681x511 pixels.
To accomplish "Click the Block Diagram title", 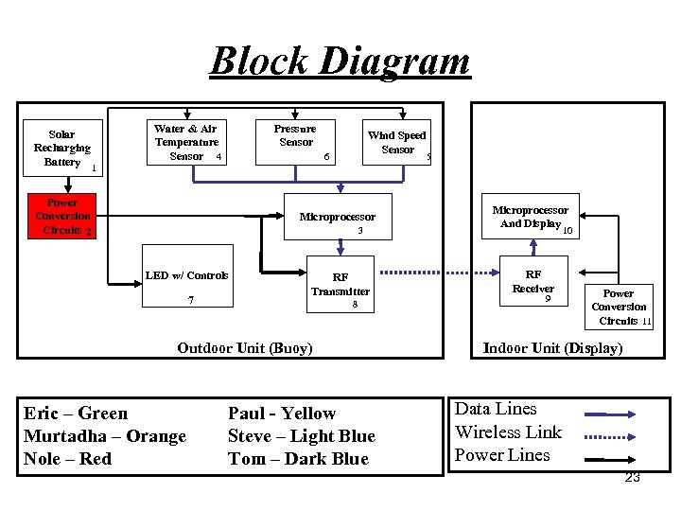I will point(340,61).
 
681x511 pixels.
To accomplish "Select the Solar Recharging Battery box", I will point(62,149).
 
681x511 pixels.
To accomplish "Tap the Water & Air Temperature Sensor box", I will point(186,142).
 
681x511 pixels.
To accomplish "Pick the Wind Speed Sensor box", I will point(397,143).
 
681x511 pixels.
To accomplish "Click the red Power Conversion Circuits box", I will point(62,217).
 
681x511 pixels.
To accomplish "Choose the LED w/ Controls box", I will point(187,283).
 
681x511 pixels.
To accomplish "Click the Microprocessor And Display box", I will point(531,218).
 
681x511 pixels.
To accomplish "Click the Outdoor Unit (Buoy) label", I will point(244,348).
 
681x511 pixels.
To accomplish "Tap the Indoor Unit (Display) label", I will point(552,348).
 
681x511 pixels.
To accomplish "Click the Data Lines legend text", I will point(496,409).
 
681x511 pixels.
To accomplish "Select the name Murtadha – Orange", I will point(105,436).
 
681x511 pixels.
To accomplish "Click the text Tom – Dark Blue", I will point(298,459).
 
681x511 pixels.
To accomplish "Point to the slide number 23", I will point(632,478).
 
